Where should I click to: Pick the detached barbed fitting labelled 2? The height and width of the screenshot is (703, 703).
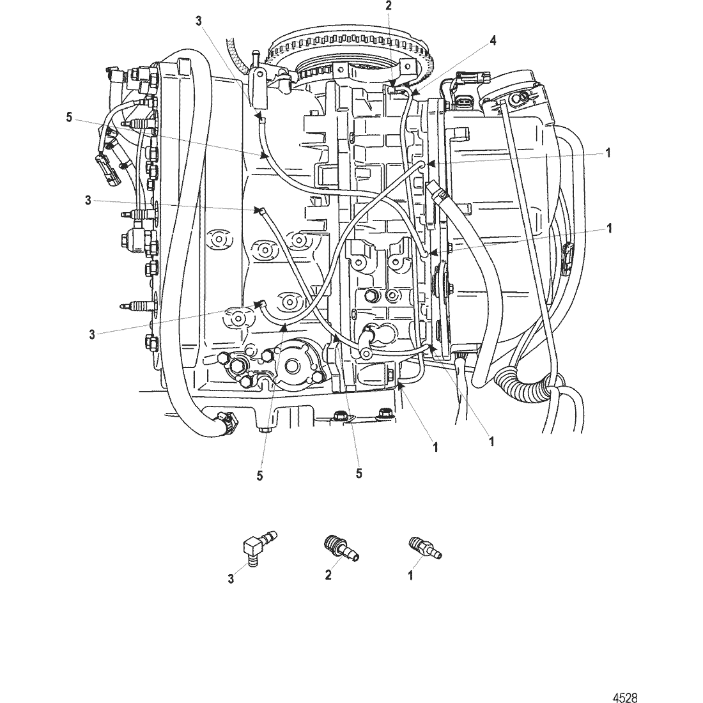[339, 548]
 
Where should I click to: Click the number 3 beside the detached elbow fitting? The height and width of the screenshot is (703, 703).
[231, 580]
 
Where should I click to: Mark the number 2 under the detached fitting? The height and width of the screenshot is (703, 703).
[328, 575]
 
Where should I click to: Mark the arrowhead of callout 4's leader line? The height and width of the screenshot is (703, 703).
[410, 96]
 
